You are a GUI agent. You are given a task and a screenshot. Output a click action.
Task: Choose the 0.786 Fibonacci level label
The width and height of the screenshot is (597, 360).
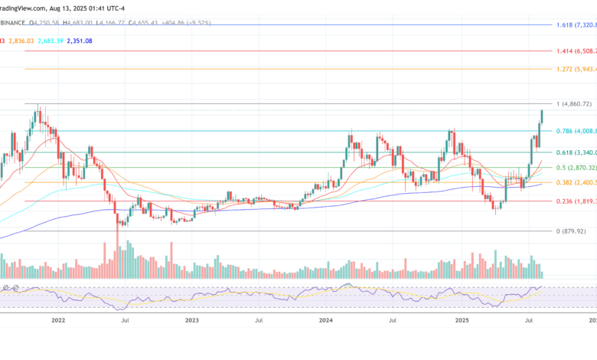pos(575,131)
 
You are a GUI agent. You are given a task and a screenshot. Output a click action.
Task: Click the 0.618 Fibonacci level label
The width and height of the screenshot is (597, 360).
pos(575,152)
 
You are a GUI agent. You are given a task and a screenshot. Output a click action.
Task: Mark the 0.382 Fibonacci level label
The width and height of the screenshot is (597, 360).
pos(575,182)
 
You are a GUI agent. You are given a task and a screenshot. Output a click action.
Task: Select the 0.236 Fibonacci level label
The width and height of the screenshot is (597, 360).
pos(575,201)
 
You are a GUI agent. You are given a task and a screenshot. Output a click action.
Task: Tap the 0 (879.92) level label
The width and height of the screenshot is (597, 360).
pos(571,231)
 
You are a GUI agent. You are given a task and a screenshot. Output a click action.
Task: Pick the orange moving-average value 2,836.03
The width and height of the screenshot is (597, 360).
pos(21,41)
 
